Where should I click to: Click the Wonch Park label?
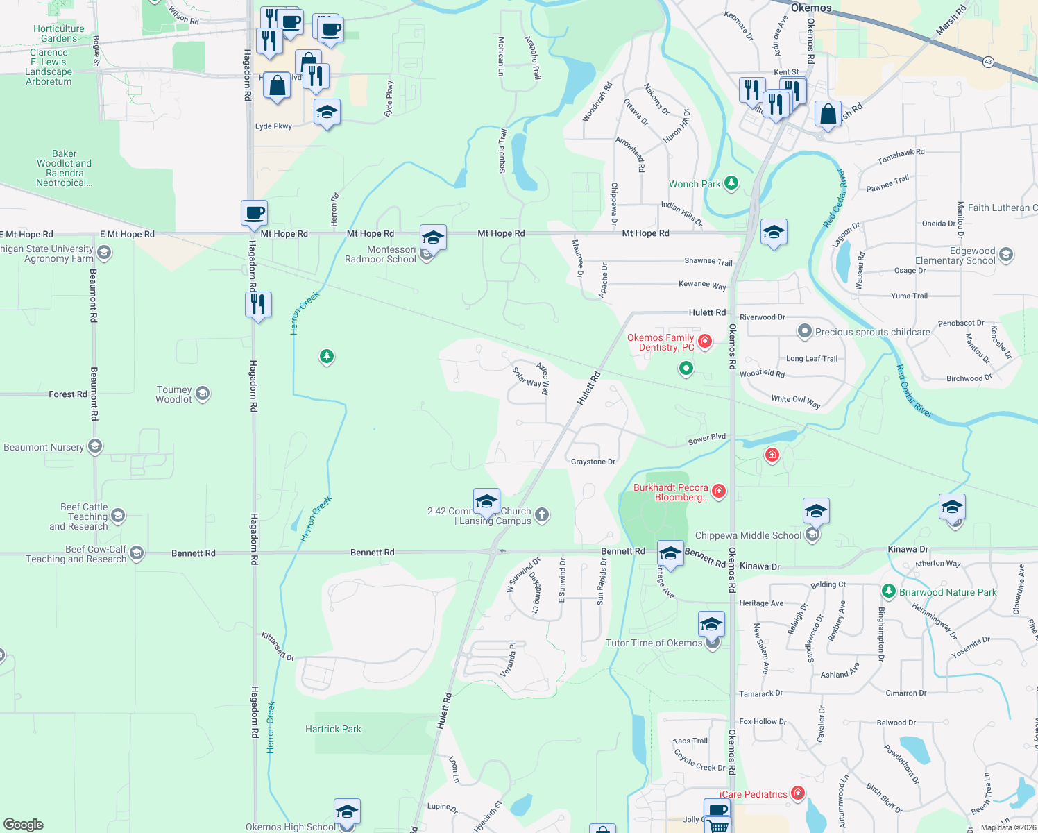click(695, 184)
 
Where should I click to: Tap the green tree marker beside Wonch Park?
click(731, 183)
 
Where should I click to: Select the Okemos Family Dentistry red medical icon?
click(705, 341)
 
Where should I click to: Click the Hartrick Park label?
click(333, 729)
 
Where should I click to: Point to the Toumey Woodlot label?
click(173, 394)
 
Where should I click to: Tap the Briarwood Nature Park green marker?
click(888, 591)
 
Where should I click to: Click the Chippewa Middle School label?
click(748, 535)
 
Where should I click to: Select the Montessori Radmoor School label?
click(381, 254)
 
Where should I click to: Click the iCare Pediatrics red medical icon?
click(798, 793)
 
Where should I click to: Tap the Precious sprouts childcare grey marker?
click(804, 331)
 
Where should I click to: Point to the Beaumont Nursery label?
click(44, 447)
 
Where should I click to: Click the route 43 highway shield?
click(988, 62)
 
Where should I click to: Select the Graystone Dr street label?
click(593, 462)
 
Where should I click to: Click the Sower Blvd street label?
click(707, 439)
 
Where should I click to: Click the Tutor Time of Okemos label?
click(654, 643)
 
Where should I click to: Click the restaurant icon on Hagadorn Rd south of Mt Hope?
click(257, 305)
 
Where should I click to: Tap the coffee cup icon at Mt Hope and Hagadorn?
click(255, 213)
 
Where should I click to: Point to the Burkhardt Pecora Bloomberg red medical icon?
click(719, 491)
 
